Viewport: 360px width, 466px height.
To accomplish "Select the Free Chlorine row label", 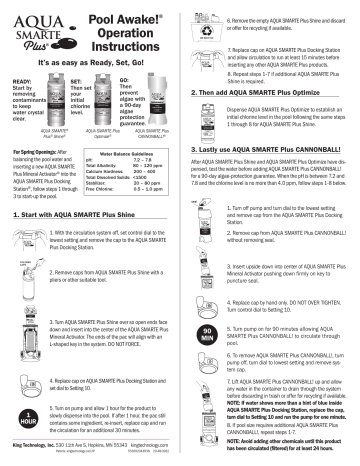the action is click(x=105, y=216).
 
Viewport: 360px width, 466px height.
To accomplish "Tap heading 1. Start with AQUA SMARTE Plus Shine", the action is click(x=84, y=243).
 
